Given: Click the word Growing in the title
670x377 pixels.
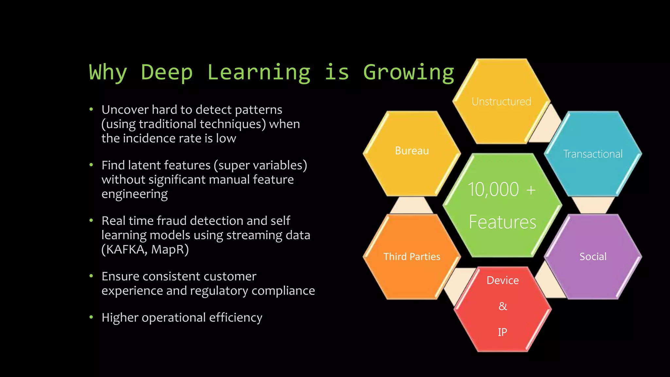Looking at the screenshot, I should (x=409, y=73).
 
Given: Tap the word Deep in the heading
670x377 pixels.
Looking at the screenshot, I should (x=167, y=73).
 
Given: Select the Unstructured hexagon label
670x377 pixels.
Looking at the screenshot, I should (x=501, y=102).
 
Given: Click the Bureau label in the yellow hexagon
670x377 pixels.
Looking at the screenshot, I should (x=412, y=151).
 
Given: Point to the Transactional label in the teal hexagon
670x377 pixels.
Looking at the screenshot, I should (x=593, y=154).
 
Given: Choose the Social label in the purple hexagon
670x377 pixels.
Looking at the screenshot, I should (x=593, y=257).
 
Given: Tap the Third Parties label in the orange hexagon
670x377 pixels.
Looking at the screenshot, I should (x=412, y=257).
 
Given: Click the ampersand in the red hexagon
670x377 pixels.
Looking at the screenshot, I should (x=502, y=306).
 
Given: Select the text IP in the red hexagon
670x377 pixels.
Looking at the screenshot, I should (x=502, y=332).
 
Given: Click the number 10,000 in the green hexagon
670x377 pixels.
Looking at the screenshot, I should (x=493, y=189).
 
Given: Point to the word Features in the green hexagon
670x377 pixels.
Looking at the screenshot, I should (x=502, y=222).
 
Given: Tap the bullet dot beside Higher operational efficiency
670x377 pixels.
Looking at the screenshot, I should (x=91, y=317).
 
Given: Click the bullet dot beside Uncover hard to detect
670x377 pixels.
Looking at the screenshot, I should (x=91, y=109).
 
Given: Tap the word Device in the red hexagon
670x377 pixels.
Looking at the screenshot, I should (x=502, y=280).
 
